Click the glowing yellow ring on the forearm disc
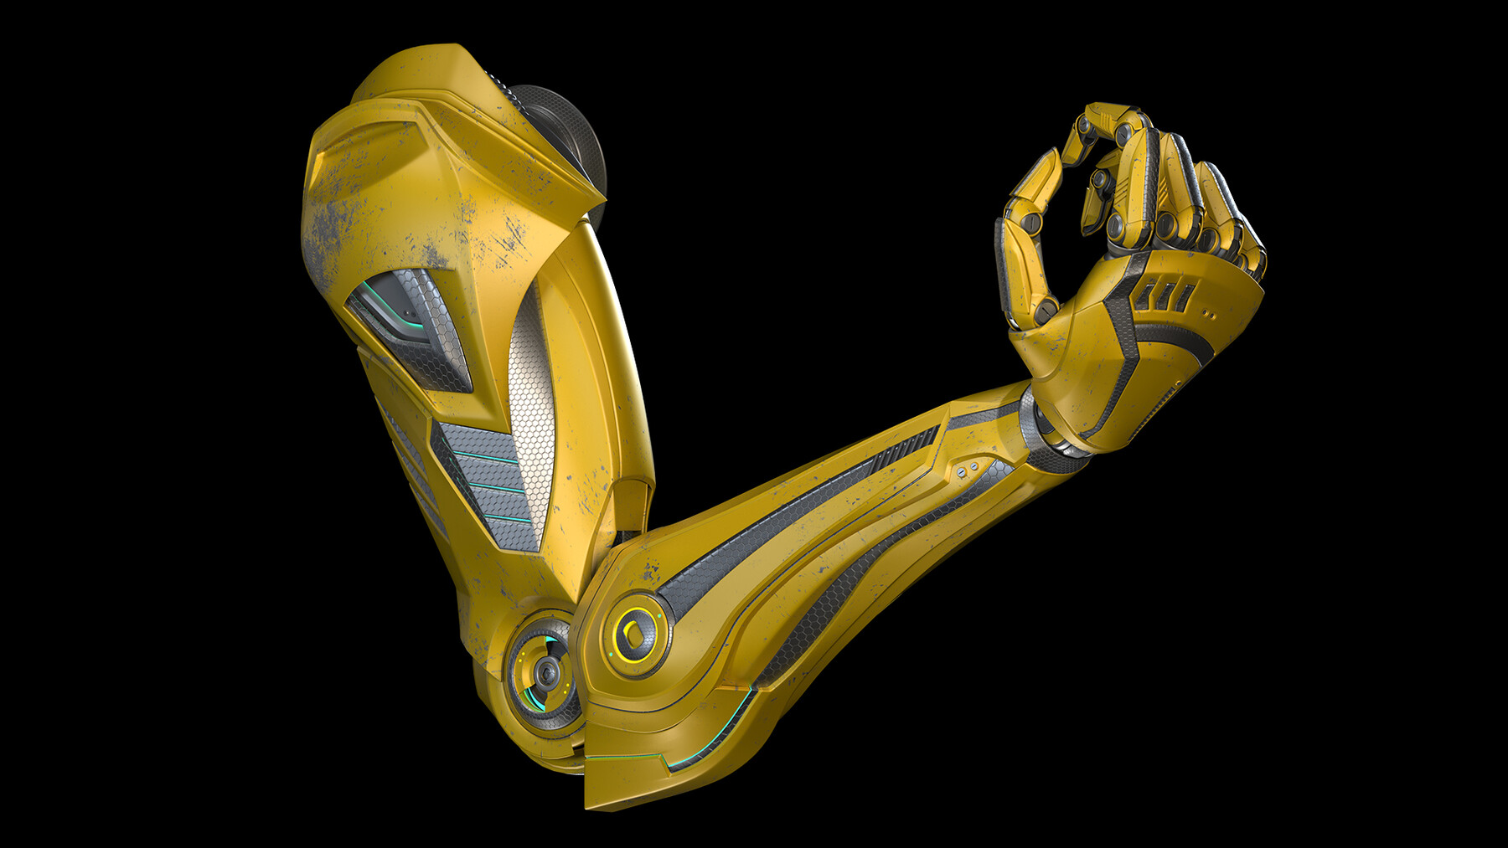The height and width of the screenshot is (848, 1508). pyautogui.click(x=634, y=639)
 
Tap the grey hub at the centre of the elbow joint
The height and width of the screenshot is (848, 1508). pyautogui.click(x=546, y=671)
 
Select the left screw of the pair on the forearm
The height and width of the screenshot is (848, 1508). pyautogui.click(x=962, y=473)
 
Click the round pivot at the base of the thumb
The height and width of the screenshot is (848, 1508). pyautogui.click(x=1045, y=311)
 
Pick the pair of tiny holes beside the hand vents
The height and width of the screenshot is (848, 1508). pyautogui.click(x=1207, y=315)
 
